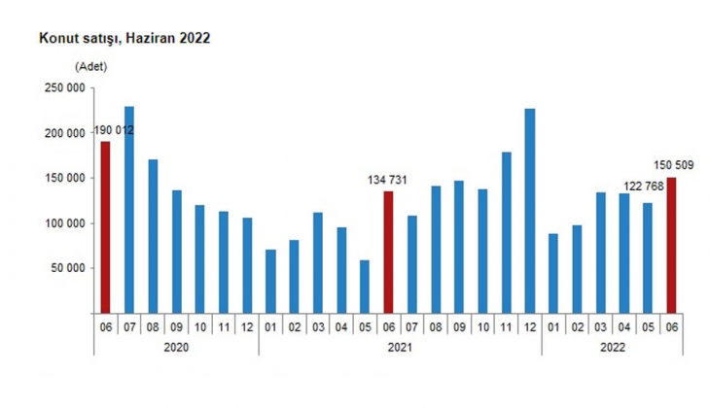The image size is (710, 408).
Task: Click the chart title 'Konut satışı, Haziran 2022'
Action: tap(124, 40)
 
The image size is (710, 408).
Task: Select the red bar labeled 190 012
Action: tap(105, 227)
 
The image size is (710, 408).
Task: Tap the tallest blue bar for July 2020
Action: tap(129, 209)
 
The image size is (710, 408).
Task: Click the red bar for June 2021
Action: tap(388, 252)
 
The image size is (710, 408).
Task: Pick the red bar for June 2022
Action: tap(670, 245)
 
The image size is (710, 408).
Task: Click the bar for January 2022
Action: tap(552, 273)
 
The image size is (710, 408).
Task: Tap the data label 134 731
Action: tap(388, 179)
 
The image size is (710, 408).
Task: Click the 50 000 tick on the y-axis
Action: tap(64, 268)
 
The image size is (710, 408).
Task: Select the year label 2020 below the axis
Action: tap(176, 346)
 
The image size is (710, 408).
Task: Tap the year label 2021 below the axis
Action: tap(400, 346)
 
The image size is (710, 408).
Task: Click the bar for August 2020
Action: tap(153, 236)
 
